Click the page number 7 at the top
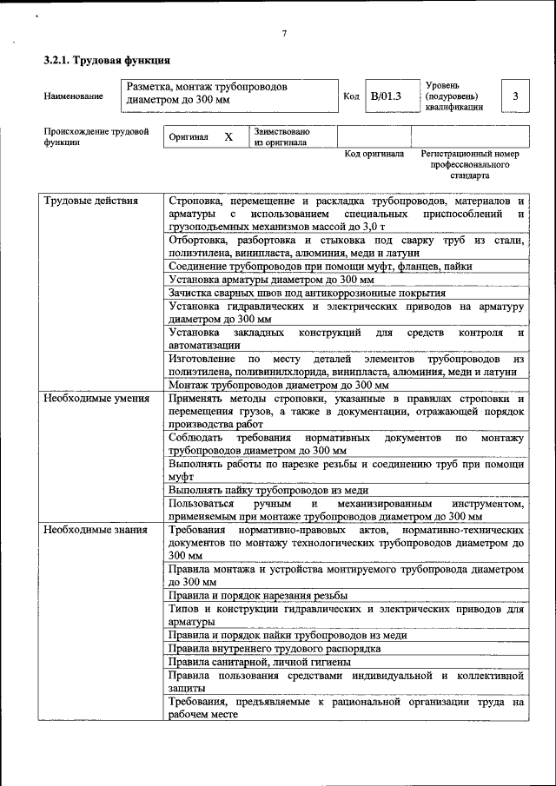click(x=284, y=34)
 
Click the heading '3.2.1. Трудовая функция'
click(x=106, y=61)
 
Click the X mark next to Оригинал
click(x=228, y=137)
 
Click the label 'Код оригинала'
click(x=374, y=154)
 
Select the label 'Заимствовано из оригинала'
click(x=281, y=137)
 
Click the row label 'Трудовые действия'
click(x=91, y=201)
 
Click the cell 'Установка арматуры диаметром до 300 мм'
click(x=271, y=281)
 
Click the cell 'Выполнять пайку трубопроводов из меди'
click(x=281, y=490)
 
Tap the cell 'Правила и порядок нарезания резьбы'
click(x=258, y=595)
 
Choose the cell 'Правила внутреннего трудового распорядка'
click(x=275, y=648)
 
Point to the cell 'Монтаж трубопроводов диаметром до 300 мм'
click(x=278, y=385)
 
